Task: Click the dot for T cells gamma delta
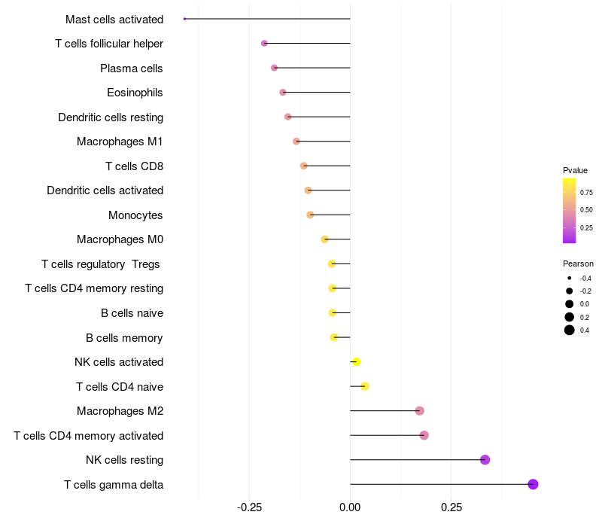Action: (533, 484)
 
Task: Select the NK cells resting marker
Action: (485, 460)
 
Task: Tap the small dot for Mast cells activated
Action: (184, 19)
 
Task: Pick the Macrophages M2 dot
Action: (419, 411)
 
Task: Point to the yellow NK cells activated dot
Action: (356, 362)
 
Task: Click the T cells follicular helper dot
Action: (264, 44)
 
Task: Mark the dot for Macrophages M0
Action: (324, 239)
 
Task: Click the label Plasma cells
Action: (132, 69)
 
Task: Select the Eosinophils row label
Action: (135, 93)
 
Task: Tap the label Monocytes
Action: (135, 215)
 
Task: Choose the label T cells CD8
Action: (135, 166)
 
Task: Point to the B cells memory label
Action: (124, 337)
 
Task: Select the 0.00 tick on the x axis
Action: (350, 508)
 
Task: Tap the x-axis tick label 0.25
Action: (451, 508)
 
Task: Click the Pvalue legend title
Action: (575, 171)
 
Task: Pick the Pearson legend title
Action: (578, 264)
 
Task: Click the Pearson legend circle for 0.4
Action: (570, 330)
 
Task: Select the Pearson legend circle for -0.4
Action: (570, 279)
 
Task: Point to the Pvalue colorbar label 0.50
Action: (586, 210)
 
